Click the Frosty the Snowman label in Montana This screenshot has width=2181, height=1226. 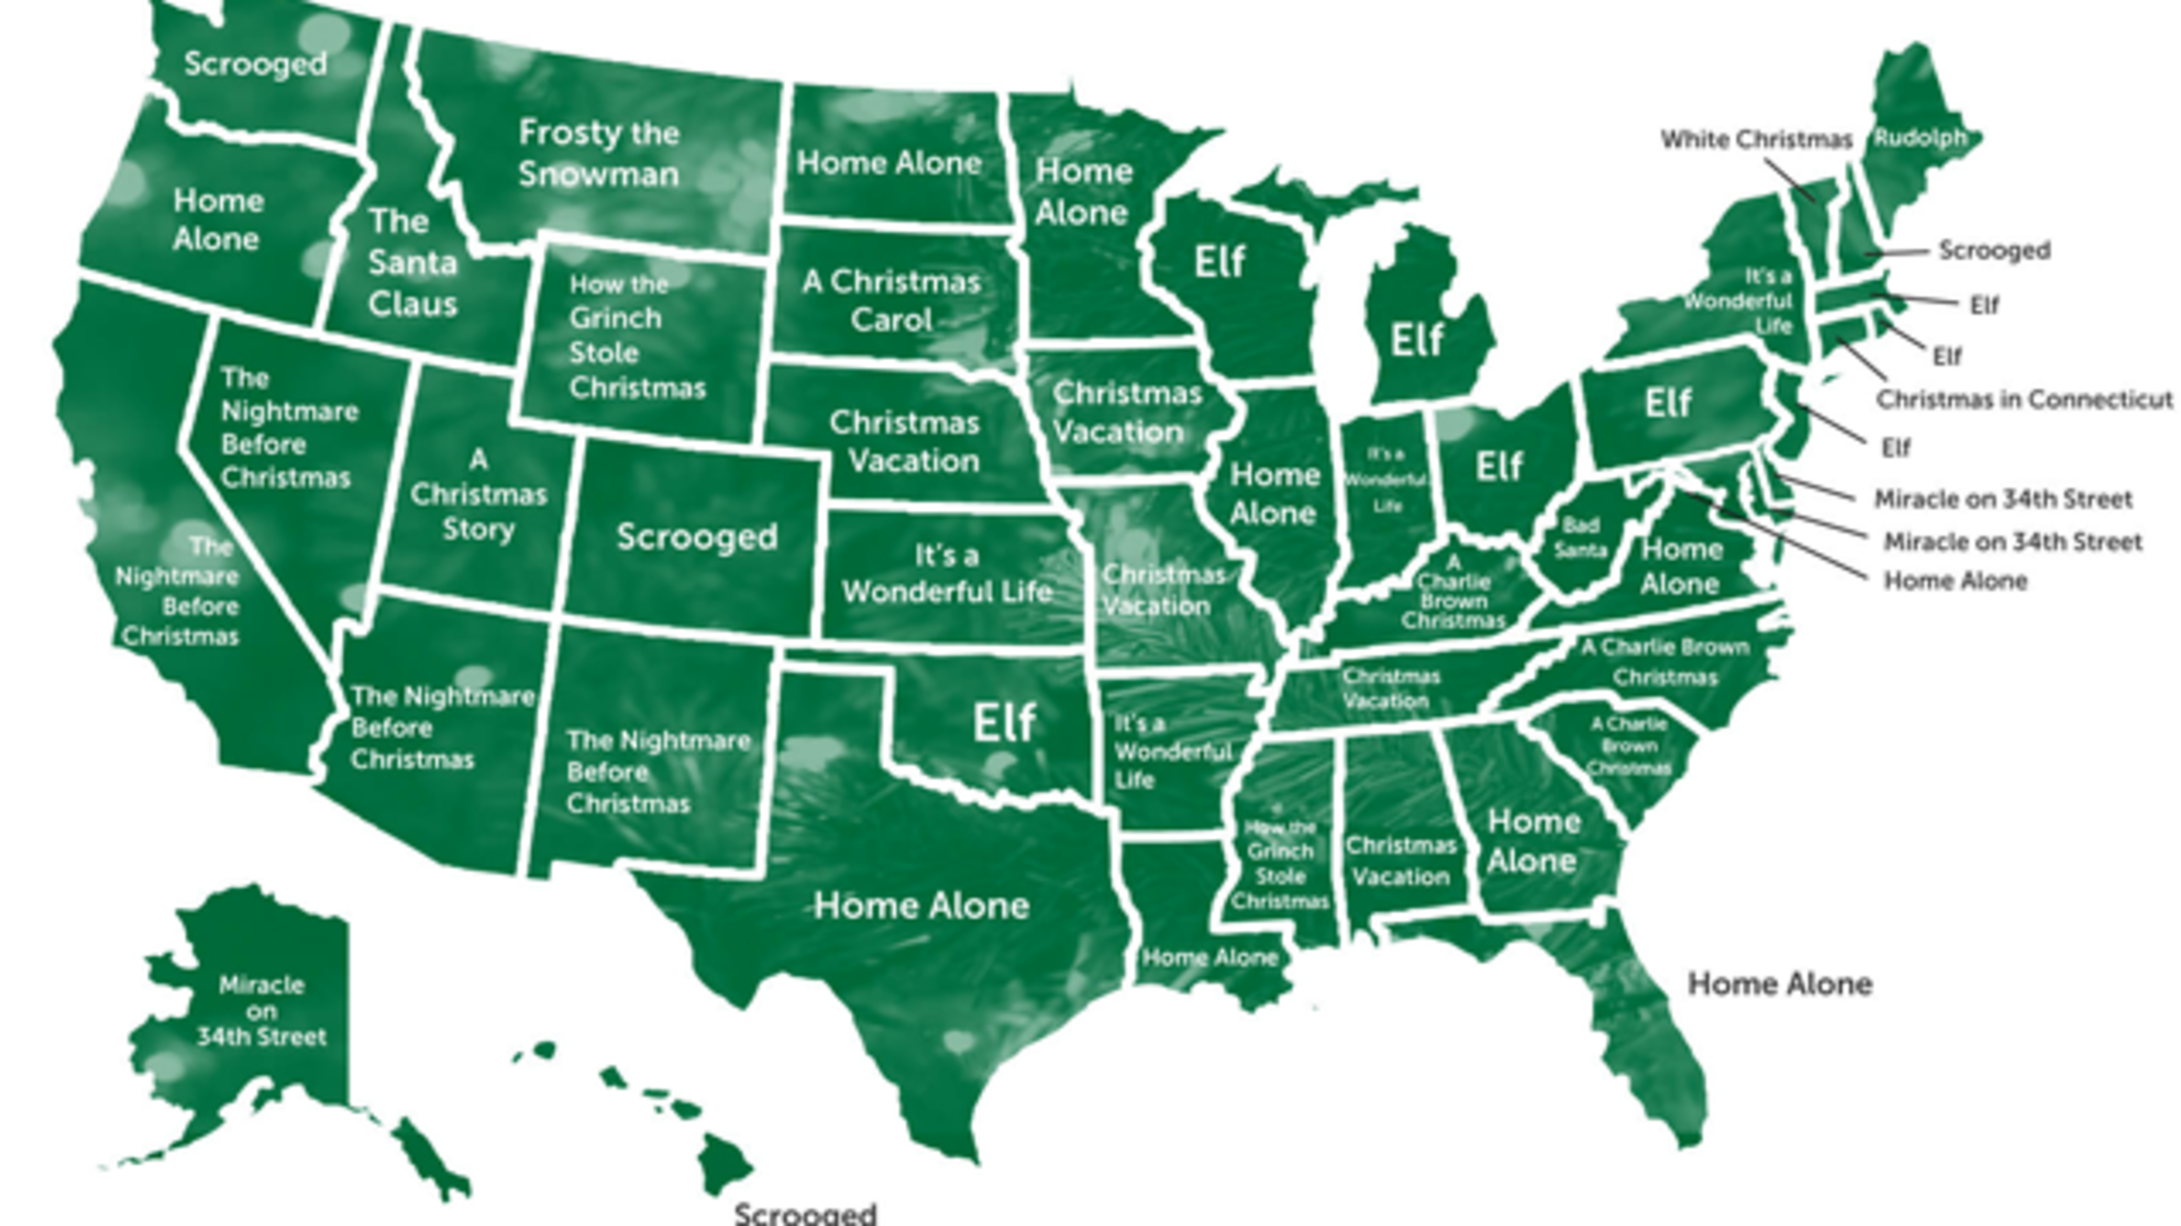click(598, 153)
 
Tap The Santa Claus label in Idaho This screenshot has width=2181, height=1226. click(413, 262)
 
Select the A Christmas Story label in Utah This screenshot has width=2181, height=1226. click(477, 494)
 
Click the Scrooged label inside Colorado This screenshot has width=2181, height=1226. click(697, 536)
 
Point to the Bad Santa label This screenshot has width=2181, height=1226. click(1580, 538)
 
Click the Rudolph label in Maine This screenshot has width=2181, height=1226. click(1920, 139)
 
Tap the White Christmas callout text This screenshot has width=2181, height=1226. click(1756, 139)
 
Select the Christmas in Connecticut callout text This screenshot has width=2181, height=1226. click(2024, 400)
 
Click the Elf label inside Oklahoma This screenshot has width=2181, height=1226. click(1004, 723)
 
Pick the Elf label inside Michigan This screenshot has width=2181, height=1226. click(1417, 340)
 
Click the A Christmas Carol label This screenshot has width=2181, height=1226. click(891, 301)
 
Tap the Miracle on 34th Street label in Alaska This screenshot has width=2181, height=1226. click(261, 1011)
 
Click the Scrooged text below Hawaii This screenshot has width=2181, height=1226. click(805, 1213)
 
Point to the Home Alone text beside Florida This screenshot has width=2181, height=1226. click(1779, 983)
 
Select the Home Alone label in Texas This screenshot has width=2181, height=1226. click(921, 905)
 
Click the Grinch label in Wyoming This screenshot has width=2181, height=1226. click(636, 336)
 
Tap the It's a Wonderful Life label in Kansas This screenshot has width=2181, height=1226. click(946, 574)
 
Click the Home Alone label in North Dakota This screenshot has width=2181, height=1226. click(889, 163)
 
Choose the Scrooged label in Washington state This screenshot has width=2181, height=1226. click(255, 64)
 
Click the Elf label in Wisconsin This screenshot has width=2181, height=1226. click(1219, 262)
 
